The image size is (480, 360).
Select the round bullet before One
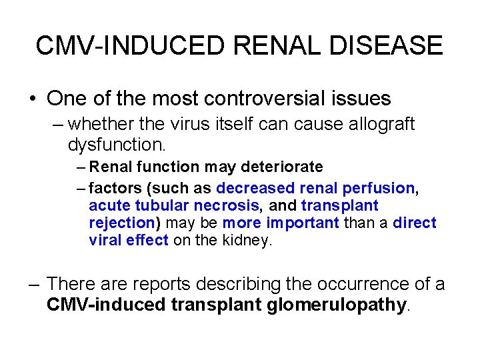point(32,99)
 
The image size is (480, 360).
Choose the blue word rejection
point(122,223)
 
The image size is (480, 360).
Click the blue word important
point(303,223)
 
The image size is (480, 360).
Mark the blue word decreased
point(256,189)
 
